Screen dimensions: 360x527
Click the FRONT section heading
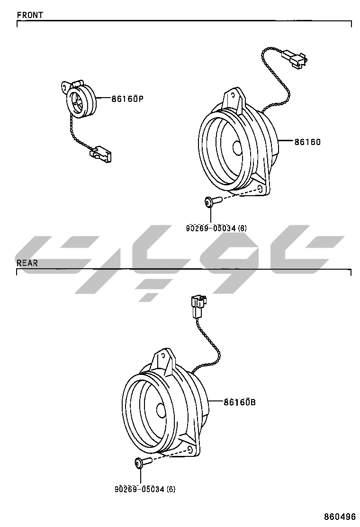click(30, 15)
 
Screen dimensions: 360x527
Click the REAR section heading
click(27, 263)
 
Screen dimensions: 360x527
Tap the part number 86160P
click(127, 99)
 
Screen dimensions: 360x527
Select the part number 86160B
click(240, 401)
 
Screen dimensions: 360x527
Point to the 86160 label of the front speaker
click(307, 142)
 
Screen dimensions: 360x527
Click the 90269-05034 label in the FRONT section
click(216, 228)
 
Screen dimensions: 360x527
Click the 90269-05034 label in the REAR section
click(145, 489)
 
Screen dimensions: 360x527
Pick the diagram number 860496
click(340, 516)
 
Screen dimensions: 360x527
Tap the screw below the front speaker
click(212, 201)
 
